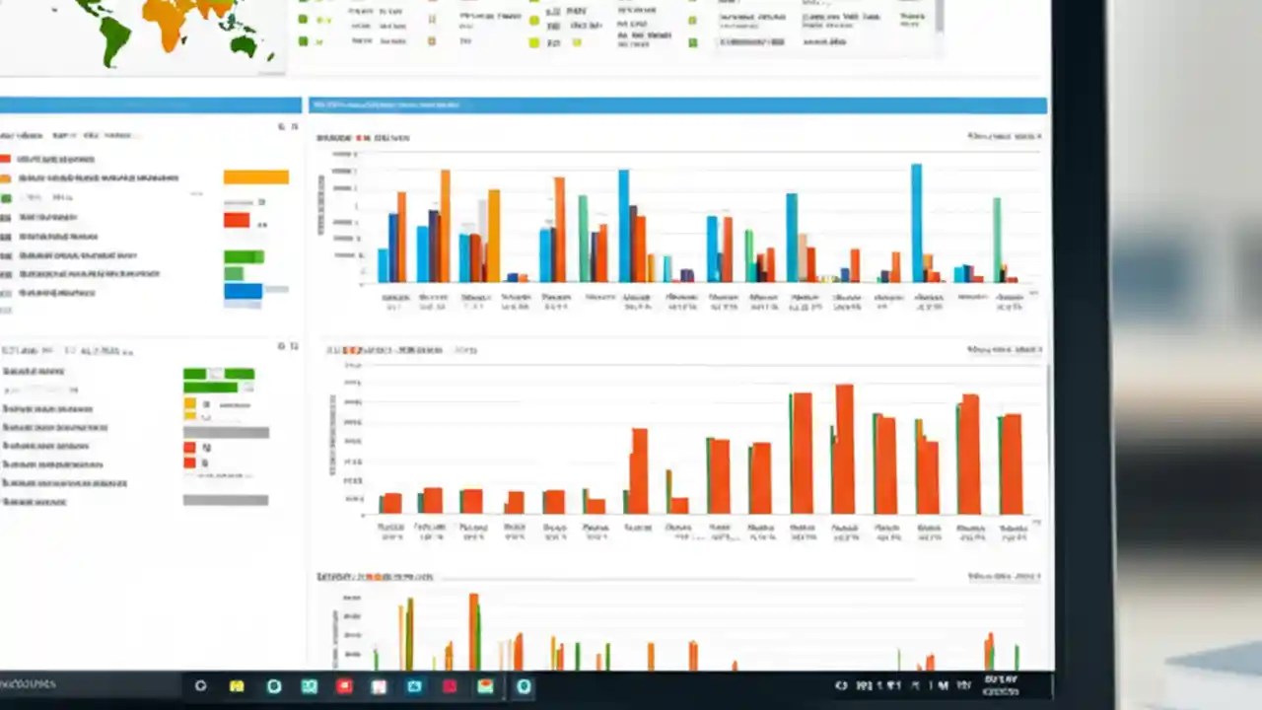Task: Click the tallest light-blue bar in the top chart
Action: pos(916,223)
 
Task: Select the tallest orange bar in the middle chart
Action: pos(844,449)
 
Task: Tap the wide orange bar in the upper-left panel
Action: pos(255,177)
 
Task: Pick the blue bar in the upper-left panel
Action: pos(243,291)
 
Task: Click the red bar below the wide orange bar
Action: pos(237,220)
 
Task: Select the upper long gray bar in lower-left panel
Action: pos(226,432)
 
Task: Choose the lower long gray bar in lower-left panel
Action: pos(225,500)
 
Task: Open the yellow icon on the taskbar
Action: pos(237,686)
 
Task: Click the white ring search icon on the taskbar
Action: pos(200,686)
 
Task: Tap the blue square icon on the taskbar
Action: pos(414,686)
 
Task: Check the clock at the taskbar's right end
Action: pos(1001,685)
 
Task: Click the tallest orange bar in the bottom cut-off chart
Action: pos(473,631)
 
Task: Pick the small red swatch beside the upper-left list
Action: pos(5,159)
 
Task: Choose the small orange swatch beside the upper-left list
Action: pos(5,178)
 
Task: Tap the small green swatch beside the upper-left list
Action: pos(5,198)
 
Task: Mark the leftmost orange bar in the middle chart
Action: pos(391,503)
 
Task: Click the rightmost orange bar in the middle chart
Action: pos(1012,463)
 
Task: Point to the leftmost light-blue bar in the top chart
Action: pos(383,265)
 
